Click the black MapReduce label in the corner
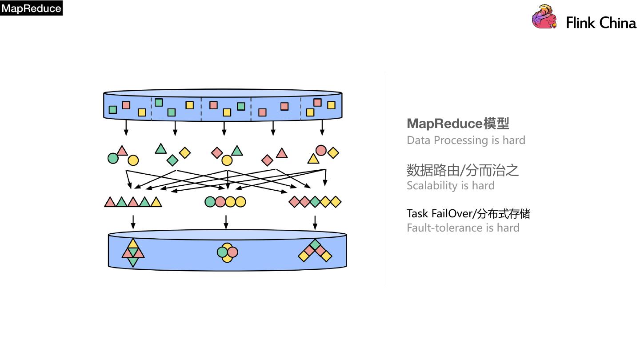click(31, 8)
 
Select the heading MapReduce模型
click(458, 124)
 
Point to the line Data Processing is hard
click(466, 140)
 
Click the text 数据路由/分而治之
click(462, 170)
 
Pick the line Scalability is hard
click(450, 186)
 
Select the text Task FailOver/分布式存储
click(468, 214)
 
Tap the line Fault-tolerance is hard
click(463, 228)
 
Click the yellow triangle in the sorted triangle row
click(156, 203)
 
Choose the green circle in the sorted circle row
click(210, 202)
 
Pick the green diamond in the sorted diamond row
click(315, 202)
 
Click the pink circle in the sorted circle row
click(220, 202)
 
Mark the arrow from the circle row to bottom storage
click(226, 222)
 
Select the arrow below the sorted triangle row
click(133, 222)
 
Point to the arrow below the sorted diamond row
click(315, 222)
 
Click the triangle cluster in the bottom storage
click(133, 253)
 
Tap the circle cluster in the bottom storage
click(227, 252)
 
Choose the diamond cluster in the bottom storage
click(315, 251)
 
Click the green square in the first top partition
click(113, 109)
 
